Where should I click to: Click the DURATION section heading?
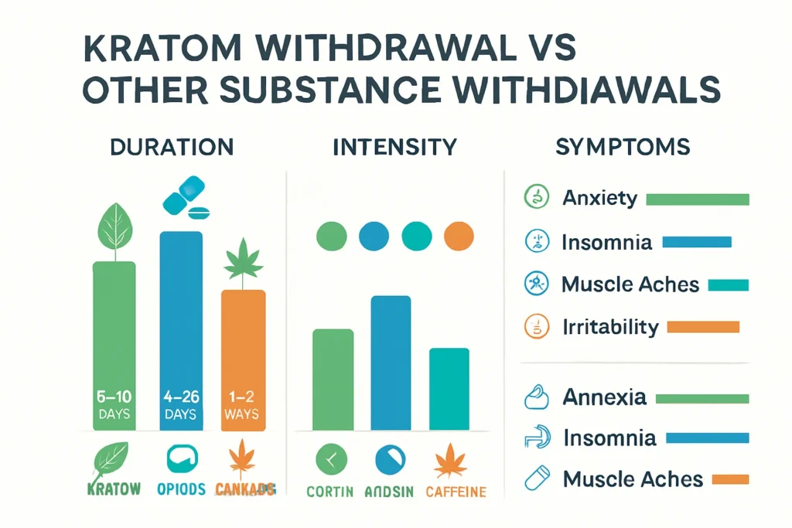[172, 147]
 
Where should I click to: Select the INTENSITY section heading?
[394, 147]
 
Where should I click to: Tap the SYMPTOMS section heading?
[623, 147]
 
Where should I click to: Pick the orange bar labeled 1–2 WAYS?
[243, 360]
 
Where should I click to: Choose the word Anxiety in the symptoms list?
[600, 199]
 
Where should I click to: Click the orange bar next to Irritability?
[702, 327]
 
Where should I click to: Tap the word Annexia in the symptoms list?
[604, 397]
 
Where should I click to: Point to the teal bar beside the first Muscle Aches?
[728, 284]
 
